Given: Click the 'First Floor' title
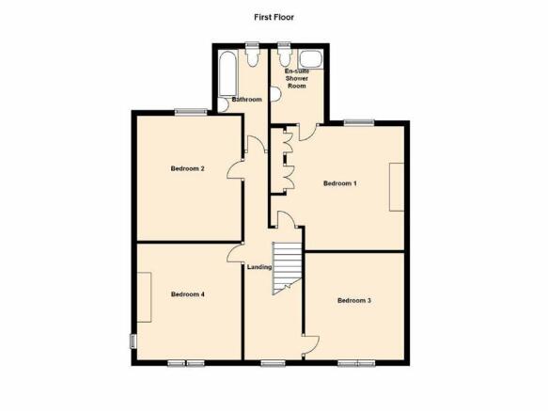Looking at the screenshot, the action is point(274,17).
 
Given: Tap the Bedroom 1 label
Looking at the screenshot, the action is point(340,183).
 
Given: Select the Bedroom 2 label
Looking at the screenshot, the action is point(187,168).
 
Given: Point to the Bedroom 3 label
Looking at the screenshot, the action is point(354,300).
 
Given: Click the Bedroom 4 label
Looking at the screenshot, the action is point(188,294).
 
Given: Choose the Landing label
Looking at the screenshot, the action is point(259,267).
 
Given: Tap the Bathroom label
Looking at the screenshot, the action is point(246,100).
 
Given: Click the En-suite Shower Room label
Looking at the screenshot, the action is point(297,78).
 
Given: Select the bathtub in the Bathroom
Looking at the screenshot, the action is point(227,73).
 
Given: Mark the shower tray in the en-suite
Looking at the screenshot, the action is point(311,58).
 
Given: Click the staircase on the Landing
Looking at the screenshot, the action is point(287,268).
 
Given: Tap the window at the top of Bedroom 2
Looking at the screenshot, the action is point(191,112).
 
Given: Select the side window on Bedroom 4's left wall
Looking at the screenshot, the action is point(133,341).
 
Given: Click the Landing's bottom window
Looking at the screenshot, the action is point(273,364).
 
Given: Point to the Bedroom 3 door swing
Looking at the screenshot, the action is point(311,347).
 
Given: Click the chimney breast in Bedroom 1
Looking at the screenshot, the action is point(397,187).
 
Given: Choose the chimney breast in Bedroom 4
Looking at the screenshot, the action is point(144,297).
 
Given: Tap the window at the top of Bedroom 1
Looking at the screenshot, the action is point(359,122).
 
